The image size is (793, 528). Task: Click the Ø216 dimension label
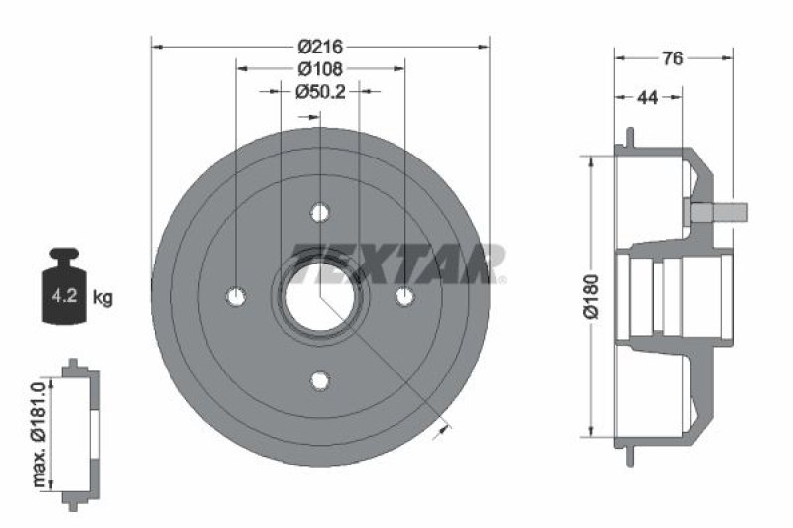(x=319, y=46)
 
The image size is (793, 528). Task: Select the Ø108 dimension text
(x=319, y=68)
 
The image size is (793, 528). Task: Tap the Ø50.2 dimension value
(x=319, y=91)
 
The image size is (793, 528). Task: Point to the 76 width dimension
(x=672, y=58)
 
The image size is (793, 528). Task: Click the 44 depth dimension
(x=648, y=97)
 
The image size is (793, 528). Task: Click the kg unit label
(x=102, y=296)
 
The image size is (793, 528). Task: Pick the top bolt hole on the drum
(x=319, y=212)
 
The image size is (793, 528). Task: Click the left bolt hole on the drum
(x=236, y=296)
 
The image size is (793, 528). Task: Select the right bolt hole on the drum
(x=403, y=296)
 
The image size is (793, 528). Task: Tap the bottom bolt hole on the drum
(x=319, y=380)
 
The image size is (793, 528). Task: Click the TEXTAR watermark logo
(x=396, y=264)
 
